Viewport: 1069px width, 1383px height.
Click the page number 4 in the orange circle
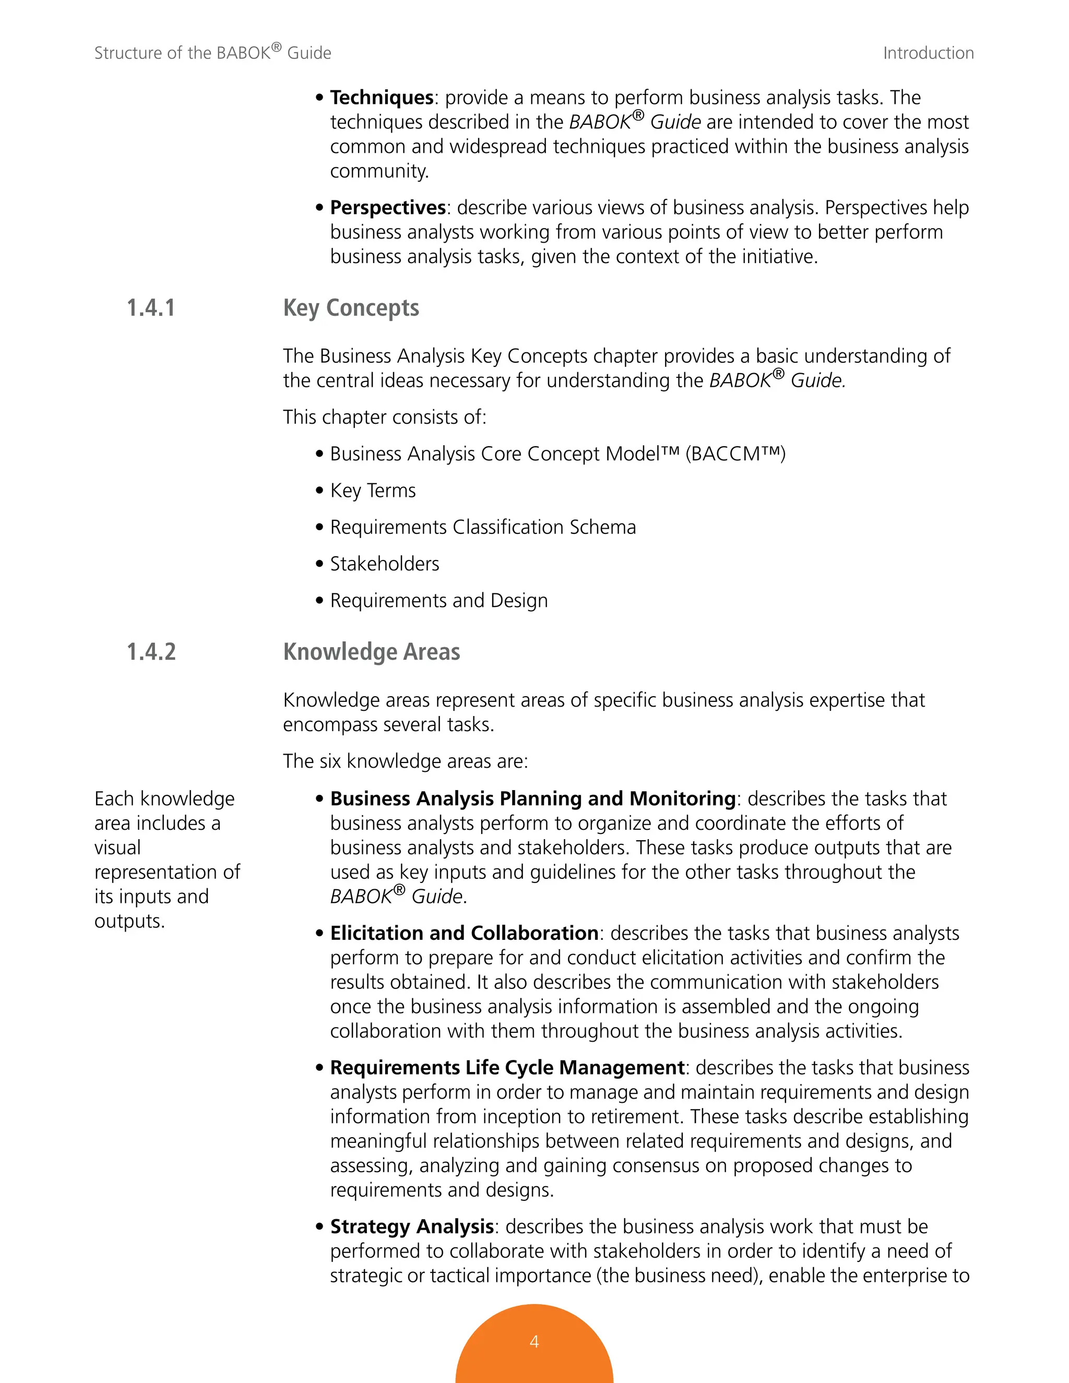point(534,1341)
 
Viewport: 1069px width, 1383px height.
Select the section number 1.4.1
point(151,308)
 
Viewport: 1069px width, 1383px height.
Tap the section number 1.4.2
point(151,652)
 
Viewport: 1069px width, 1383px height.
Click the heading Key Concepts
point(351,308)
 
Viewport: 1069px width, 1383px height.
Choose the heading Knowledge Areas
point(371,652)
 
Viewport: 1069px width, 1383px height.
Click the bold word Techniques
point(381,98)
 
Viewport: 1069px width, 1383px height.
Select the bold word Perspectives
point(388,208)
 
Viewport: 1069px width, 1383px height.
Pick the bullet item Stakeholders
point(384,564)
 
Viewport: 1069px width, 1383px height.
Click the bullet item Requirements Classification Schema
point(483,527)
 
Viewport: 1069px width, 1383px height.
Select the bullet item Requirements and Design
point(439,600)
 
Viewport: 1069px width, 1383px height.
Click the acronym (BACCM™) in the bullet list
point(735,454)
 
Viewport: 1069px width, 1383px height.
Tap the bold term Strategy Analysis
point(412,1226)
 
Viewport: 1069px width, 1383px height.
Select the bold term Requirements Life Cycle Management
point(507,1067)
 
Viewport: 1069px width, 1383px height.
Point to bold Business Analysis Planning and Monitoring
point(532,798)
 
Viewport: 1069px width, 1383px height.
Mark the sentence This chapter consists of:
point(384,418)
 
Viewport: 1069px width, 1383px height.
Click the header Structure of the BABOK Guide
point(213,53)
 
